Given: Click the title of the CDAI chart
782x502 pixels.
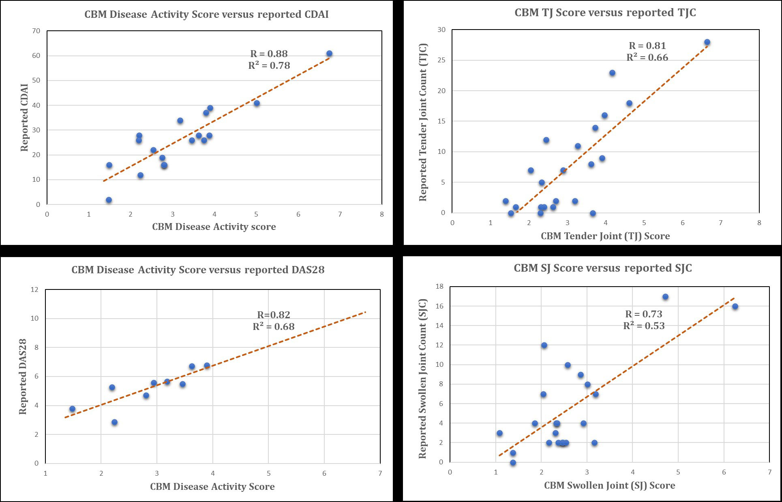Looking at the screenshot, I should pos(206,15).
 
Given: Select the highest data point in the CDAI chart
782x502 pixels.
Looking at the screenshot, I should pos(329,54).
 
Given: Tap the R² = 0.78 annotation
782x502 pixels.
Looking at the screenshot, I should pos(269,65).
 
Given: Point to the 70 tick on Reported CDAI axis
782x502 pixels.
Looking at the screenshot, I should pos(36,31).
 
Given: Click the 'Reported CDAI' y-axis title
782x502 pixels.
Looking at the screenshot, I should pos(25,118).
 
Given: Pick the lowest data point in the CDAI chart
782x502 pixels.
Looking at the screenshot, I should pos(109,200).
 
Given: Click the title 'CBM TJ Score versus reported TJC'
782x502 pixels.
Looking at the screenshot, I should pos(605,13).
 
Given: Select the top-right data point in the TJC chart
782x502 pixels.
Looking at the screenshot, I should pos(707,42).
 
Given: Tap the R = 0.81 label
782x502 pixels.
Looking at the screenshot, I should pos(647,46).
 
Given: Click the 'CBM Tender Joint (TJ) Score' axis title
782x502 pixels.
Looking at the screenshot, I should pos(605,236).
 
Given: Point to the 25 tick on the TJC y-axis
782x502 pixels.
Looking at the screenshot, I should pos(441,60).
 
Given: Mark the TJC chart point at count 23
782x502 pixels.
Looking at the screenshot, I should pos(612,73).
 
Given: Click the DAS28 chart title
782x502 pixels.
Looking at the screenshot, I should pos(198,270).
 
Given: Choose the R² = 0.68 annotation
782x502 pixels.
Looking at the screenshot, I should pos(274,326).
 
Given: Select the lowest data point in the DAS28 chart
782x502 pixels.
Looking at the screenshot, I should pos(114,422).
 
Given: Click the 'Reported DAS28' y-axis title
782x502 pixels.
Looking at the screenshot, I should pos(23,376).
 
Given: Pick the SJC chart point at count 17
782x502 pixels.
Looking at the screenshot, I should pos(665,297).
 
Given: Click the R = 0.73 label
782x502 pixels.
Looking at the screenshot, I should pos(644,314).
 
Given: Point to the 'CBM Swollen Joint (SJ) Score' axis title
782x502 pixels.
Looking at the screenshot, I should pos(609,485).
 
